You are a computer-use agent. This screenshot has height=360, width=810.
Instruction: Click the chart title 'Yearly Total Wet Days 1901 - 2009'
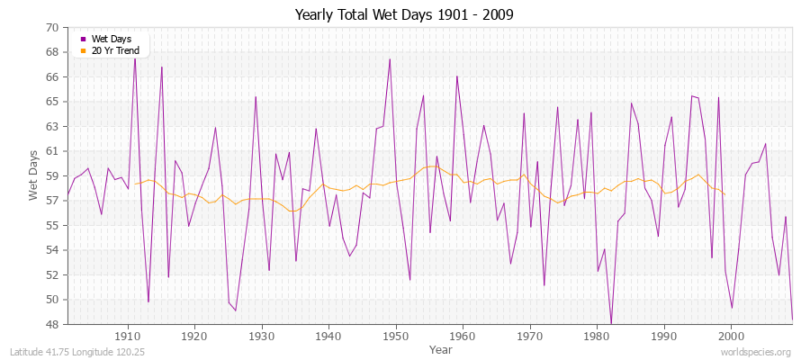404,15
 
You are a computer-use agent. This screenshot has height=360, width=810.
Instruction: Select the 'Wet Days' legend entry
112,39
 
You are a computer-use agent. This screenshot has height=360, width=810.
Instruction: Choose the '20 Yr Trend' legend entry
115,49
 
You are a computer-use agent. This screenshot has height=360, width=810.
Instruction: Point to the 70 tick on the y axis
52,28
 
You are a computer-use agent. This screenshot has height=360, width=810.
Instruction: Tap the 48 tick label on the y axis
52,324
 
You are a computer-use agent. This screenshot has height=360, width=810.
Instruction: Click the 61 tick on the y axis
52,151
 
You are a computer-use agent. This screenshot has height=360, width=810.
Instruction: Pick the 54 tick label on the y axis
52,250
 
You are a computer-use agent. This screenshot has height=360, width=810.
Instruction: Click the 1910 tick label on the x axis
128,336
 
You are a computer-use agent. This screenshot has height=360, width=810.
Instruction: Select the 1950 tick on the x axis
395,336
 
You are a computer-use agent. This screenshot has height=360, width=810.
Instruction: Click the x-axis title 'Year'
441,349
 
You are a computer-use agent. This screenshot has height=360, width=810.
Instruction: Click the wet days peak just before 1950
389,59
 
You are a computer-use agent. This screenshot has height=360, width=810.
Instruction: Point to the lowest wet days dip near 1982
611,323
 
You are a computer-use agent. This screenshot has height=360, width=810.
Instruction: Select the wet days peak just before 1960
456,76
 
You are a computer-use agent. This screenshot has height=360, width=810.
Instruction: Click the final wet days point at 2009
792,319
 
